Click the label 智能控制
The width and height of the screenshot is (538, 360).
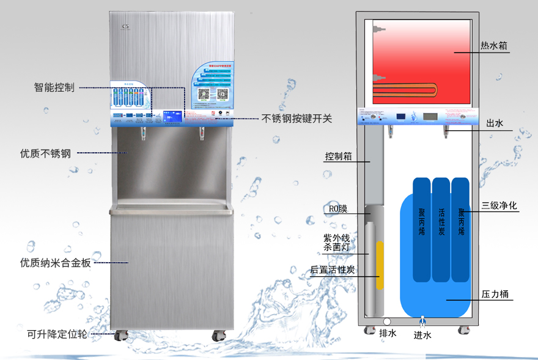pyautogui.click(x=54, y=87)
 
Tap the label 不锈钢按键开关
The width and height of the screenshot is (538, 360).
pyautogui.click(x=297, y=119)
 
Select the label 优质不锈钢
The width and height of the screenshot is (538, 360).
pyautogui.click(x=45, y=153)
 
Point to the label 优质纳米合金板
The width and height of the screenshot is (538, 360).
pyautogui.click(x=55, y=263)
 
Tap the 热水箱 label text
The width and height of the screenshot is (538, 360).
pyautogui.click(x=494, y=46)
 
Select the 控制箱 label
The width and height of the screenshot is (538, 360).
pyautogui.click(x=338, y=156)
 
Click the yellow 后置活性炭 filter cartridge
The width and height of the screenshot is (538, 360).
pyautogui.click(x=379, y=265)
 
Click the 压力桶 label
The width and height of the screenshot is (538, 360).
pyautogui.click(x=496, y=295)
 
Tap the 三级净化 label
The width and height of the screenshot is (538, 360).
pyautogui.click(x=499, y=206)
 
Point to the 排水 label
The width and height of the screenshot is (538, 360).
pyautogui.click(x=388, y=334)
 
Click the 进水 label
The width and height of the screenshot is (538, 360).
pyautogui.click(x=422, y=335)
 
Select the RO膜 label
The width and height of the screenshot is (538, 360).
pyautogui.click(x=337, y=209)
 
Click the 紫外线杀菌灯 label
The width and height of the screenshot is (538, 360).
pyautogui.click(x=337, y=243)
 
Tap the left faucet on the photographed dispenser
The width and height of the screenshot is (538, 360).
pyautogui.click(x=144, y=132)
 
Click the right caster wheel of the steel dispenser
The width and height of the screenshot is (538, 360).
pyautogui.click(x=219, y=336)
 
